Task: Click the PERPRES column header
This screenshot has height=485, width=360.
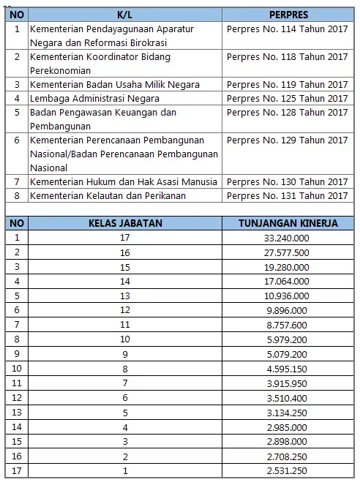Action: [x=288, y=14]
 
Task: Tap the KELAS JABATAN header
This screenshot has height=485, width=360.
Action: [x=122, y=222]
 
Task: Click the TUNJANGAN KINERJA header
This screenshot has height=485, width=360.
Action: [x=288, y=222]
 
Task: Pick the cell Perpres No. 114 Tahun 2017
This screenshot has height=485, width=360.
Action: [x=287, y=29]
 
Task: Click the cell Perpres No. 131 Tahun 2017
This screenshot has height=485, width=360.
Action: [x=287, y=195]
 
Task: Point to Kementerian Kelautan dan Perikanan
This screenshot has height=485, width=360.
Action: [x=108, y=195]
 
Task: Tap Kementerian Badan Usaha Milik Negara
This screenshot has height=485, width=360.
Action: [x=115, y=85]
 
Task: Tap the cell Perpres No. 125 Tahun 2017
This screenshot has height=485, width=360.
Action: [x=287, y=99]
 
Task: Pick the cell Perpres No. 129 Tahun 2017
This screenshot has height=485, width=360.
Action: [x=287, y=140]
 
